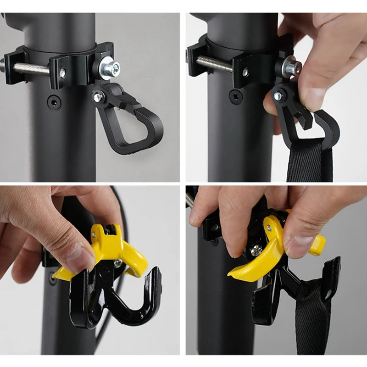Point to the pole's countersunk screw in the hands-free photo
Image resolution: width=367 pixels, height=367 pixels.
55,102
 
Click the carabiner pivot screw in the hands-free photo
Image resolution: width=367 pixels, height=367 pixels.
98,97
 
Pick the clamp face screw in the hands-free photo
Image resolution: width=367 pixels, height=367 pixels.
62,72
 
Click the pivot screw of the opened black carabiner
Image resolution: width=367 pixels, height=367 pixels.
278,96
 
